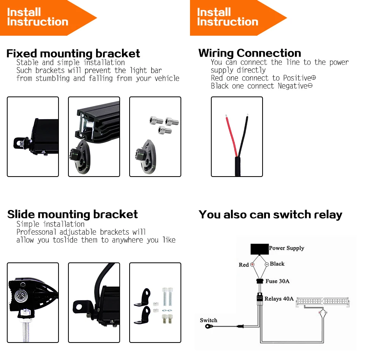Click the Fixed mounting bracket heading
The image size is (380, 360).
(73, 54)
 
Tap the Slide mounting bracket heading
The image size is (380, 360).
(73, 215)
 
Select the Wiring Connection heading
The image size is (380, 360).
(250, 53)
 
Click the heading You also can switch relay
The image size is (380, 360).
(271, 215)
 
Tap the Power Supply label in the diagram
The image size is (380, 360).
(287, 248)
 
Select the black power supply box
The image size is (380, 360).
(260, 249)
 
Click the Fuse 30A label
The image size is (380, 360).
(277, 281)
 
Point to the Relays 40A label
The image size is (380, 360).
(279, 299)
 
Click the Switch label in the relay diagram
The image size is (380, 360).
(208, 320)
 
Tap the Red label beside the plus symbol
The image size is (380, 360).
(244, 265)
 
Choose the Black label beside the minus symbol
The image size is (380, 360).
(277, 264)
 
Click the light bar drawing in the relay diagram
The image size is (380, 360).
(323, 302)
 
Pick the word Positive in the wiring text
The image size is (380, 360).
(297, 78)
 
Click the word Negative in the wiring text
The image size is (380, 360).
(293, 86)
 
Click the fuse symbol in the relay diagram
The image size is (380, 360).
(260, 281)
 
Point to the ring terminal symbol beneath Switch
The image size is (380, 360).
(209, 327)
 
